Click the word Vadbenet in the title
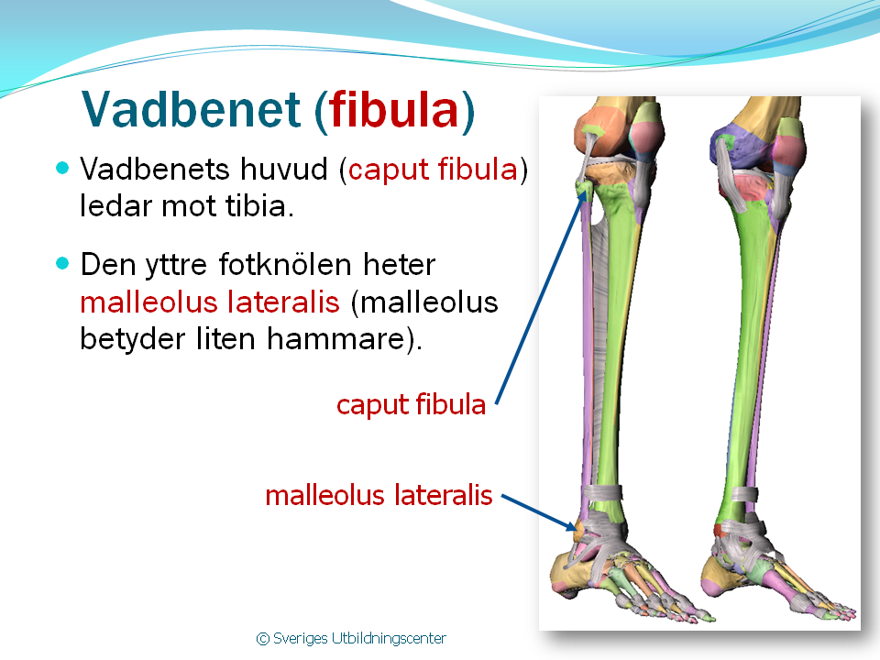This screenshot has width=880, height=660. tap(192, 109)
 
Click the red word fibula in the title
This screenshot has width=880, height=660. tap(394, 109)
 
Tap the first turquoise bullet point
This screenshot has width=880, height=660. tap(62, 168)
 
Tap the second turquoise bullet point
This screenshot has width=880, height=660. tap(62, 263)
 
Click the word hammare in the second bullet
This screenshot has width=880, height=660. tap(335, 338)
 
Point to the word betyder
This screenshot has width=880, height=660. tap(132, 339)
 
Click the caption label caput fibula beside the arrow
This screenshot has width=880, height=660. tap(411, 404)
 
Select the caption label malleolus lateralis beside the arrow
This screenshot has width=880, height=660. tap(379, 495)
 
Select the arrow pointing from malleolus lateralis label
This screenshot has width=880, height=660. tap(539, 512)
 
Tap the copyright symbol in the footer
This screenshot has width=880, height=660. tap(263, 639)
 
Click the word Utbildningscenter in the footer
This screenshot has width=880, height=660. tap(389, 639)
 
